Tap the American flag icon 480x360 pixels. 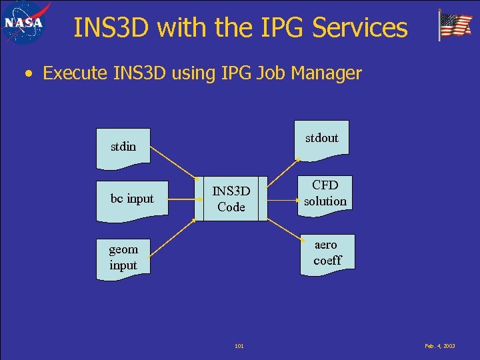(x=455, y=25)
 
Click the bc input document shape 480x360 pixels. (x=132, y=199)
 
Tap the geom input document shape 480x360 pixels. (x=123, y=257)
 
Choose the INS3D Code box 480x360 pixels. (x=231, y=199)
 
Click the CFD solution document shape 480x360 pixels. (x=325, y=193)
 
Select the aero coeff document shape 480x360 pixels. (x=327, y=253)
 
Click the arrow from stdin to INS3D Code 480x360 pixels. (x=175, y=163)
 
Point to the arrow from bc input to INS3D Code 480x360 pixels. (x=181, y=198)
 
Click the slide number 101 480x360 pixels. (x=239, y=346)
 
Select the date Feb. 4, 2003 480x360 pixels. (x=439, y=346)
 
